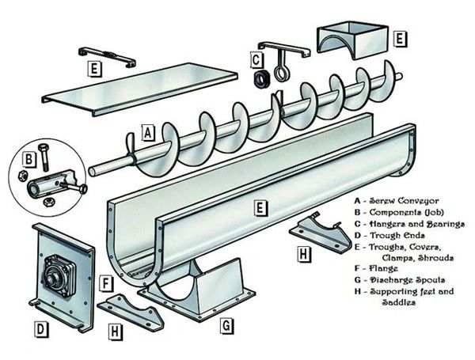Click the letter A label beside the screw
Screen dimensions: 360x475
point(147,133)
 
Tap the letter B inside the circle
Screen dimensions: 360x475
point(28,159)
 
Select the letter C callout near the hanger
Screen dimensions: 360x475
point(256,58)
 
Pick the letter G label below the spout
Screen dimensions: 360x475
point(226,324)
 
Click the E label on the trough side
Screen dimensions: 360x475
point(259,208)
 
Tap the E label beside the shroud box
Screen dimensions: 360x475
point(400,37)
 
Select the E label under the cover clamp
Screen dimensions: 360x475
point(93,69)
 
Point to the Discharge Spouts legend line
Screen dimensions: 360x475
point(400,280)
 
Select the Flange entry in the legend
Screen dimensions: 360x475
point(379,269)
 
